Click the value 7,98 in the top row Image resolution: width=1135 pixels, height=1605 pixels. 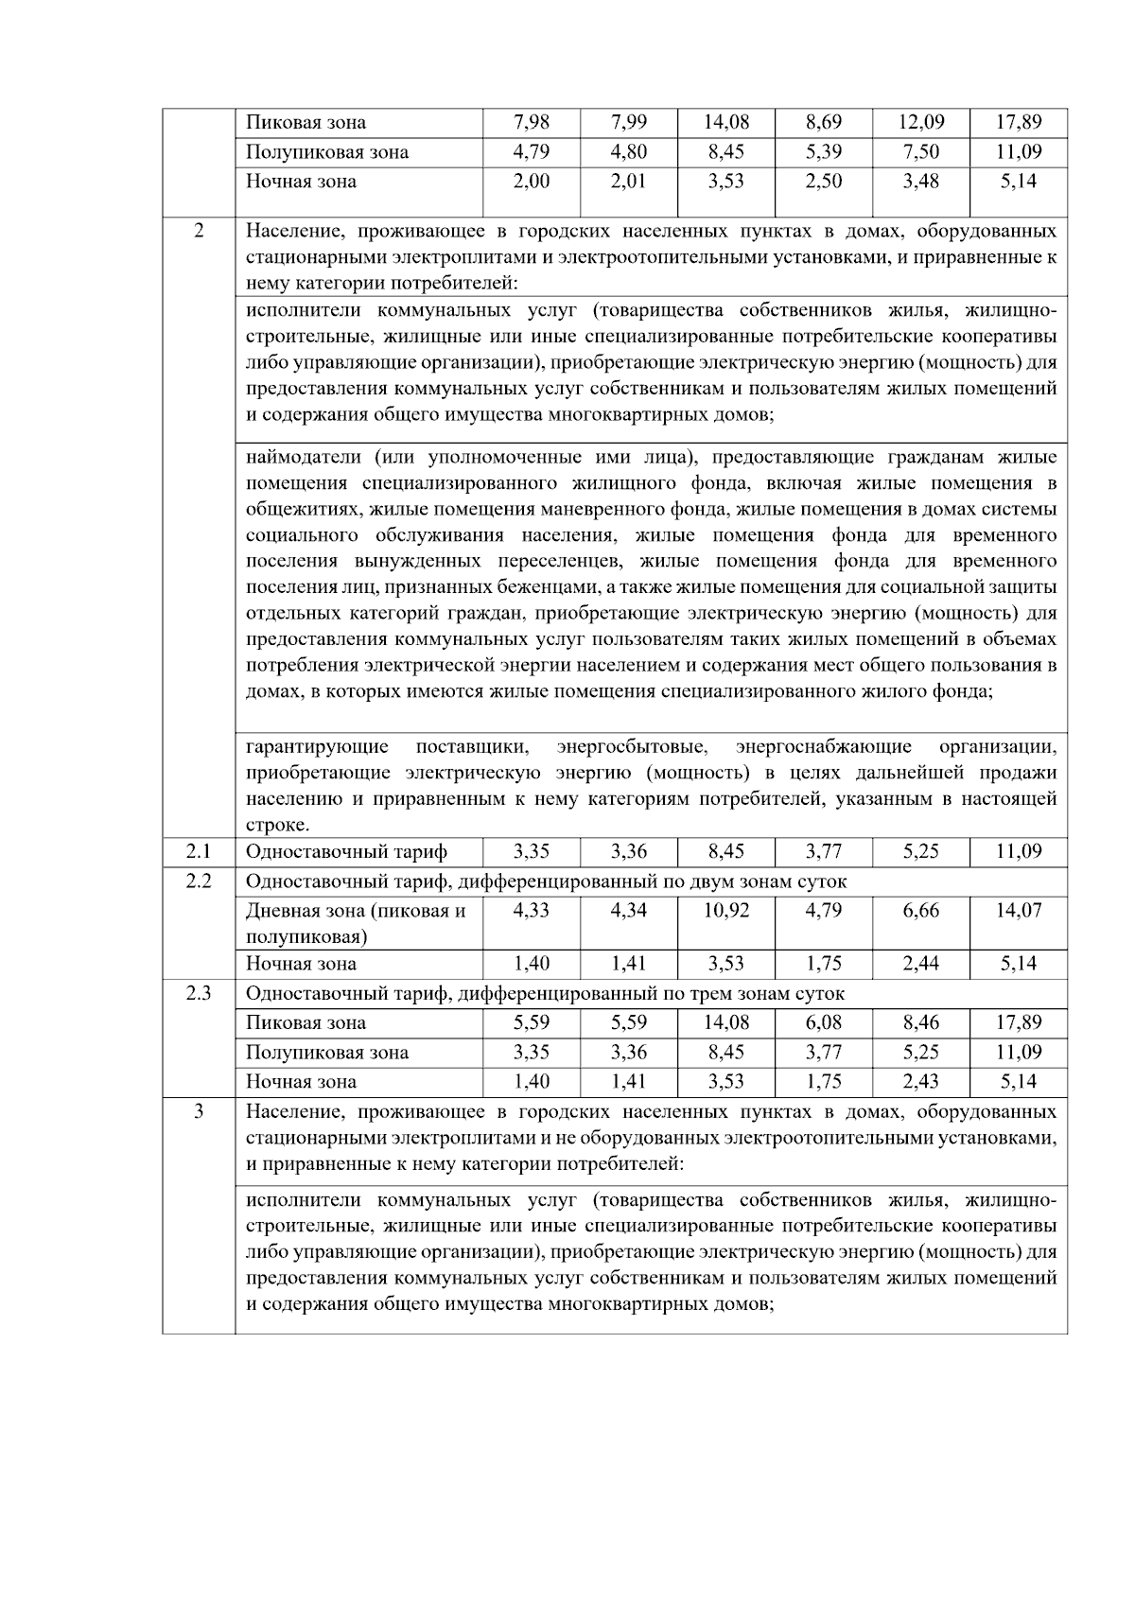pyautogui.click(x=532, y=122)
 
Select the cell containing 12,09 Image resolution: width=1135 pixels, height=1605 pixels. pyautogui.click(x=920, y=122)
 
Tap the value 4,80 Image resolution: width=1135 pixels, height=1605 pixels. pyautogui.click(x=629, y=152)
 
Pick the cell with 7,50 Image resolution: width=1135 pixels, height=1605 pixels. pyautogui.click(x=920, y=152)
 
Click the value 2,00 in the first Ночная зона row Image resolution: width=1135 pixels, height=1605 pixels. pyautogui.click(x=532, y=182)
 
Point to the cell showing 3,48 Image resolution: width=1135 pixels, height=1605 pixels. pyautogui.click(x=920, y=182)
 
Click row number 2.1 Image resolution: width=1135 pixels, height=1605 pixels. pyautogui.click(x=199, y=851)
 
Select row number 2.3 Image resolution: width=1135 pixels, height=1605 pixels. pyautogui.click(x=199, y=993)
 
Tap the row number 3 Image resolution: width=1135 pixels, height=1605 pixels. pyautogui.click(x=199, y=1111)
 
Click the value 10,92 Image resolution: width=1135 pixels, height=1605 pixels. pyautogui.click(x=726, y=910)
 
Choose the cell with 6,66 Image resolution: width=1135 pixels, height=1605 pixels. pyautogui.click(x=920, y=910)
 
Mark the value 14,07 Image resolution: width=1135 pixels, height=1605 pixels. pyautogui.click(x=1019, y=910)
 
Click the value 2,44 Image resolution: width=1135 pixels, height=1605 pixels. pyautogui.click(x=920, y=964)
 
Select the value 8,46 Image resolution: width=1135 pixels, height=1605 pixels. pyautogui.click(x=920, y=1022)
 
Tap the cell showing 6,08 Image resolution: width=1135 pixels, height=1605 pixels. pyautogui.click(x=823, y=1022)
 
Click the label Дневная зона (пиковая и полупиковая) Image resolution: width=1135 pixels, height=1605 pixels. pyautogui.click(x=356, y=923)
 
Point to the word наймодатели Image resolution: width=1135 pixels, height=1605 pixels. pyautogui.click(x=303, y=458)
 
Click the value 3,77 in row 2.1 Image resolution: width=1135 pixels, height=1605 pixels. pyautogui.click(x=823, y=851)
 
